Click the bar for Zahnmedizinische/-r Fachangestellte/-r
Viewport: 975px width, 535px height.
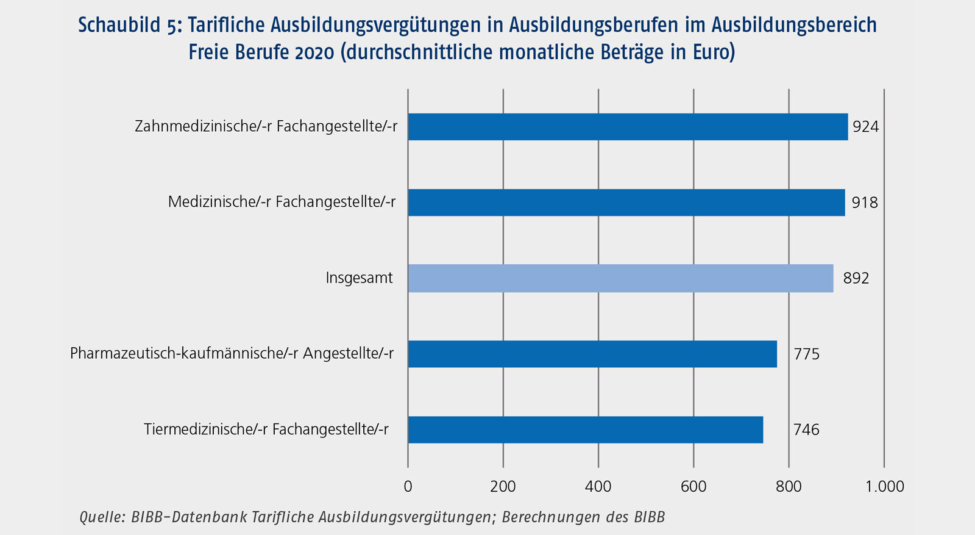click(628, 127)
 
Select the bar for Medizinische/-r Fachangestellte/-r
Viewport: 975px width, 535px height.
click(626, 203)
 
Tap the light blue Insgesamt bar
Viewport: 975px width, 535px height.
click(620, 278)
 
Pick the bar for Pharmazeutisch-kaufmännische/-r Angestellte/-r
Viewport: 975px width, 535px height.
click(592, 354)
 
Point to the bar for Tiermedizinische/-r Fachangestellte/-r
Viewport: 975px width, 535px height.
click(585, 429)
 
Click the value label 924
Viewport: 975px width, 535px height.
click(865, 127)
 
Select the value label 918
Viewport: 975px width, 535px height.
click(864, 203)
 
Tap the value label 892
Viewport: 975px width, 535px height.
click(856, 278)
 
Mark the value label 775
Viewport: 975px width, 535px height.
click(806, 354)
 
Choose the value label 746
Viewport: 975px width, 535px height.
click(806, 429)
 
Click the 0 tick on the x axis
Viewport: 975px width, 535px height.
click(408, 486)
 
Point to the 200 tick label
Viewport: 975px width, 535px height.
click(503, 486)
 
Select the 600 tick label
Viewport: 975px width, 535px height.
click(693, 486)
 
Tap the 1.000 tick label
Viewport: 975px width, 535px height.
click(885, 486)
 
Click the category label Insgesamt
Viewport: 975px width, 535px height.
click(359, 278)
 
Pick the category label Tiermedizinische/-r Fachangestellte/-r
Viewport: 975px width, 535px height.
click(266, 429)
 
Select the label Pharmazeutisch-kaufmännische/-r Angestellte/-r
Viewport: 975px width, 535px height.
click(232, 354)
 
